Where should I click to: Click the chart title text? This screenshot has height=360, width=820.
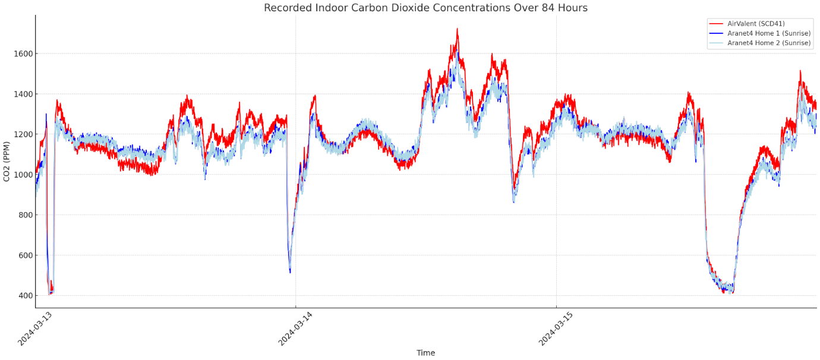[425, 8]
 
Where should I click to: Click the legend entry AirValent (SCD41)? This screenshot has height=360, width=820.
[756, 24]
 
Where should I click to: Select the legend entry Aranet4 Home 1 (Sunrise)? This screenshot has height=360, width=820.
[768, 33]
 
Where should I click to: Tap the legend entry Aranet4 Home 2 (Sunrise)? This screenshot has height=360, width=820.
[768, 43]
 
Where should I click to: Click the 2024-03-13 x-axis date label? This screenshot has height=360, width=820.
[36, 329]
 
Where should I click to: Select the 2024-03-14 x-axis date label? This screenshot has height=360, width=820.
[296, 329]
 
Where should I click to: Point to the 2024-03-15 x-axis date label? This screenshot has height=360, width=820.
[556, 329]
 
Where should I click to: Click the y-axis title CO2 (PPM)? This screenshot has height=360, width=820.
[7, 162]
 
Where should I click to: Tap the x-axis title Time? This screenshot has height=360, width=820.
[425, 353]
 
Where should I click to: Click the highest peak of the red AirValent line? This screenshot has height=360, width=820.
[457, 29]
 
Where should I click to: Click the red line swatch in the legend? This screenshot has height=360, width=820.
[716, 24]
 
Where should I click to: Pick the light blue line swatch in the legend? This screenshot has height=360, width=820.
[716, 43]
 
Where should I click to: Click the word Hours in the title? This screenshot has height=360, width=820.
[573, 8]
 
